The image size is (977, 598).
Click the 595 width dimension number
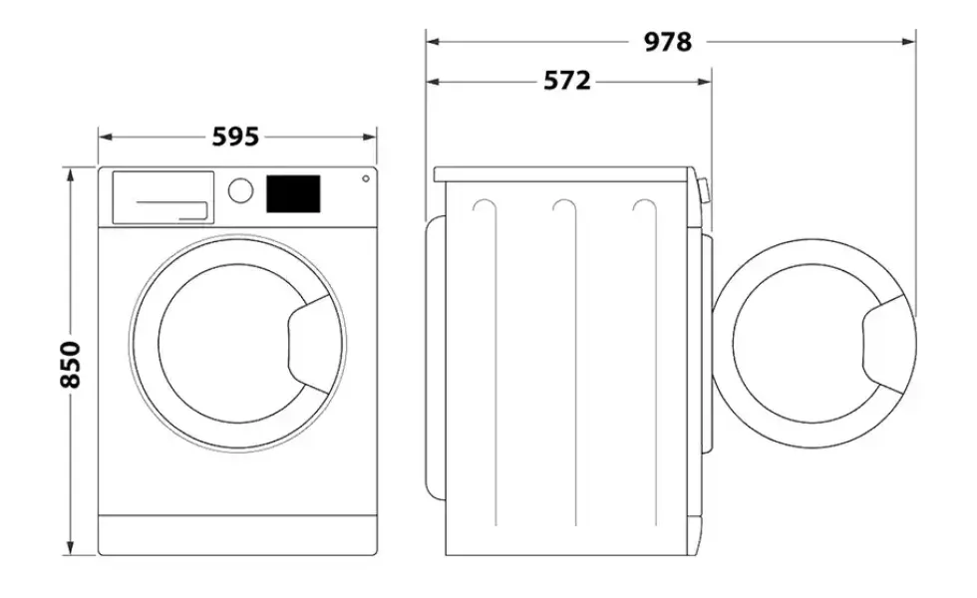(x=235, y=138)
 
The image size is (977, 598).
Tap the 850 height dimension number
(x=71, y=365)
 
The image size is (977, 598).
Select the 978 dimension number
(x=667, y=42)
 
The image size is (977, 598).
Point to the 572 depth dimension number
(x=567, y=81)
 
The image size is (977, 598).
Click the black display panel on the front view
(x=293, y=193)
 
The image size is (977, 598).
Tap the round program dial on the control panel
(x=240, y=190)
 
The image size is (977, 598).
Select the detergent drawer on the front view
(x=163, y=197)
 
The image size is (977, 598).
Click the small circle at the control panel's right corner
(x=366, y=178)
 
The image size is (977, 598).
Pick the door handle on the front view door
(x=308, y=345)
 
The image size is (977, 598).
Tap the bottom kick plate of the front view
(x=237, y=534)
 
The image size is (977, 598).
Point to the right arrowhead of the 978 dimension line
(x=909, y=42)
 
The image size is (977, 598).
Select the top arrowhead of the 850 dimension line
(x=71, y=173)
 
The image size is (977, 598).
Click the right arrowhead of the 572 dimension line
(x=705, y=82)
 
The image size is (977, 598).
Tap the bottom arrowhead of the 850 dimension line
(x=71, y=547)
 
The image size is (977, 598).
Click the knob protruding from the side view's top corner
(x=704, y=191)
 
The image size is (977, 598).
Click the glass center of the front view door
(x=237, y=344)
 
